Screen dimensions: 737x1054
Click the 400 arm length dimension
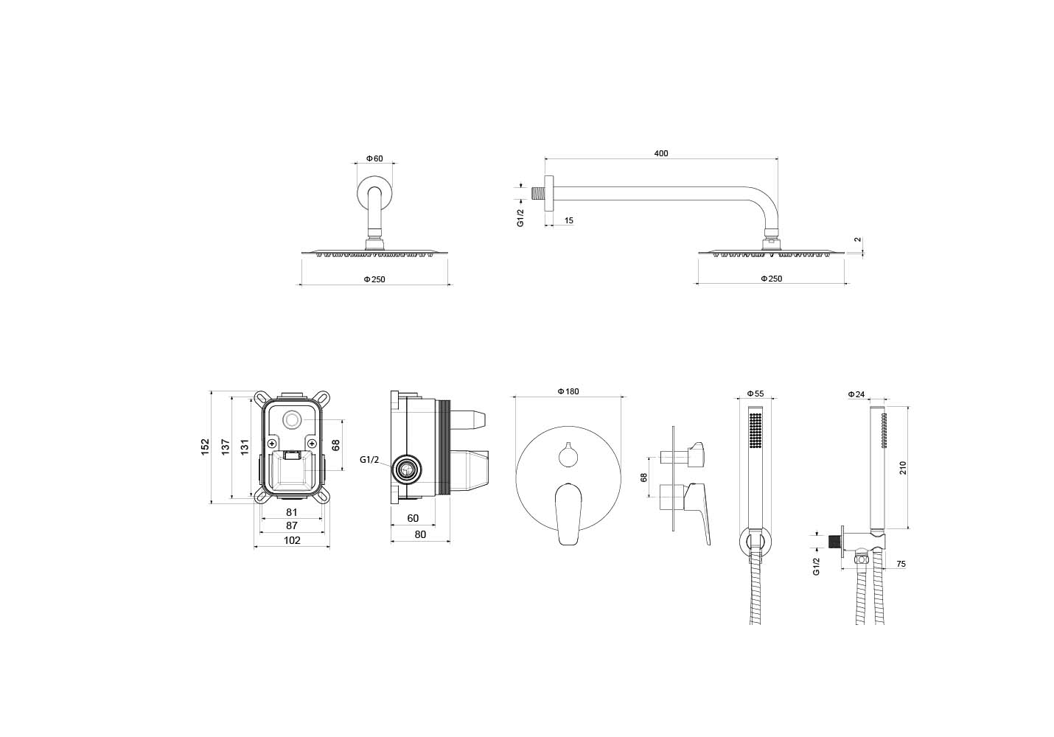(660, 153)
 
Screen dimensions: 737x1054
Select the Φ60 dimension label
(375, 158)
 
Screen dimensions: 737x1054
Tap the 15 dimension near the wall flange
(568, 220)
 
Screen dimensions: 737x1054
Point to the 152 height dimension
(206, 447)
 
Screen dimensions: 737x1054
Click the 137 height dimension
(226, 447)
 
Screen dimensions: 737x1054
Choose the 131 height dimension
(245, 447)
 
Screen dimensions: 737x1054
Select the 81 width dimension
(292, 512)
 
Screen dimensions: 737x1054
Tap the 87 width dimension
(292, 525)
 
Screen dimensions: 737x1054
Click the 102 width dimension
(292, 540)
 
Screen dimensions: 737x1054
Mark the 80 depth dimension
(420, 535)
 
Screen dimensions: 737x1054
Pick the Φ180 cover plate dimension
(568, 391)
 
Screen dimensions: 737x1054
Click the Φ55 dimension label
(755, 394)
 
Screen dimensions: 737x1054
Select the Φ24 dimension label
(856, 394)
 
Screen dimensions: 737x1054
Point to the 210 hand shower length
(903, 467)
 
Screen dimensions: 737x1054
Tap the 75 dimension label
(900, 564)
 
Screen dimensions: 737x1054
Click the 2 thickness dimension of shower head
(857, 240)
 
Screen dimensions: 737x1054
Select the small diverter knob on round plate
(568, 457)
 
